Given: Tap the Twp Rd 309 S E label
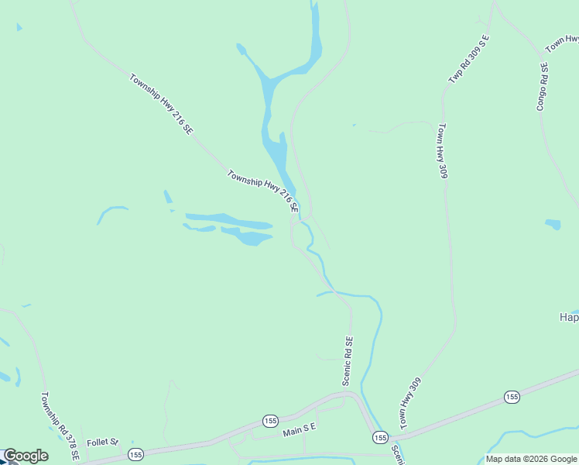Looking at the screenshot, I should pos(469,60).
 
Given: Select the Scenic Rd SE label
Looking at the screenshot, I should pos(348,361).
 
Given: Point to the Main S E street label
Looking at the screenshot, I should pos(300,429).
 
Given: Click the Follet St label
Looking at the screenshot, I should pos(102,443).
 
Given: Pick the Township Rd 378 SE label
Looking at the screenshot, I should pos(60,425).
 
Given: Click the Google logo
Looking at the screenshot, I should pos(26,456).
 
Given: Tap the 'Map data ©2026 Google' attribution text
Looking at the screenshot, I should pos(531,459).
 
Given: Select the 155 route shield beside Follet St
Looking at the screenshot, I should pos(135,454).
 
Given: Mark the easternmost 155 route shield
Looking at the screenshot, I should pos(511,397).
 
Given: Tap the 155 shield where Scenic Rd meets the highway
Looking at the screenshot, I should pos(379,438).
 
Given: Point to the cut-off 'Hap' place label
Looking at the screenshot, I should pos(569,318).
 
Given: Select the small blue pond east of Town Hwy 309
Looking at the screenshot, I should pos(553,225).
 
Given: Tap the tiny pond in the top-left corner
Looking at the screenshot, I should pos(19,27).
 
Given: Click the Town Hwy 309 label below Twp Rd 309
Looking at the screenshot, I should pos(443,151).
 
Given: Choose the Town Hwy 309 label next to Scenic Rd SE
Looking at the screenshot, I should pos(410,403).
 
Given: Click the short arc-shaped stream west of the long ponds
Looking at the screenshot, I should pos(111,212).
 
